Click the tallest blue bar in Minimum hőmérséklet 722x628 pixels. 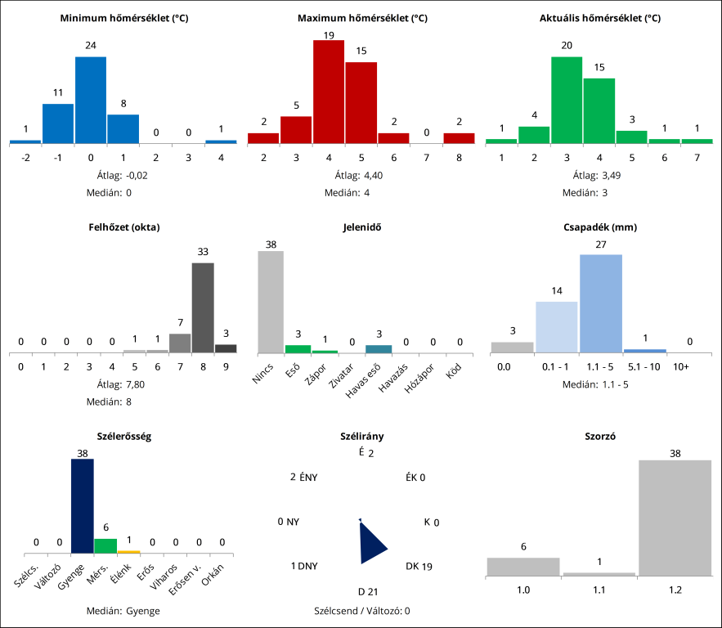click(x=91, y=100)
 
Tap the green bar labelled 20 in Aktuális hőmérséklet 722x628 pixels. click(x=566, y=100)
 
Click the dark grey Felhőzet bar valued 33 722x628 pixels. click(x=203, y=307)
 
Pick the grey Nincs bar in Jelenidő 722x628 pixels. click(x=271, y=302)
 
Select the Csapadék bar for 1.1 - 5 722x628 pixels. click(x=601, y=303)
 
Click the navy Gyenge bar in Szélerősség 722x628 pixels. click(x=83, y=506)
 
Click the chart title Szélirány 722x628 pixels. click(x=361, y=437)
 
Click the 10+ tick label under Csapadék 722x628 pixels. click(x=680, y=368)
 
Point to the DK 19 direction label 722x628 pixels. click(x=419, y=566)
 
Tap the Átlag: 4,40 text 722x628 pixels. click(x=361, y=175)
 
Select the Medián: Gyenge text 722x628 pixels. click(x=123, y=611)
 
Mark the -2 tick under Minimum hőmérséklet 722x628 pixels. click(x=25, y=156)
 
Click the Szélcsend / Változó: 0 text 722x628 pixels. click(x=361, y=611)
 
